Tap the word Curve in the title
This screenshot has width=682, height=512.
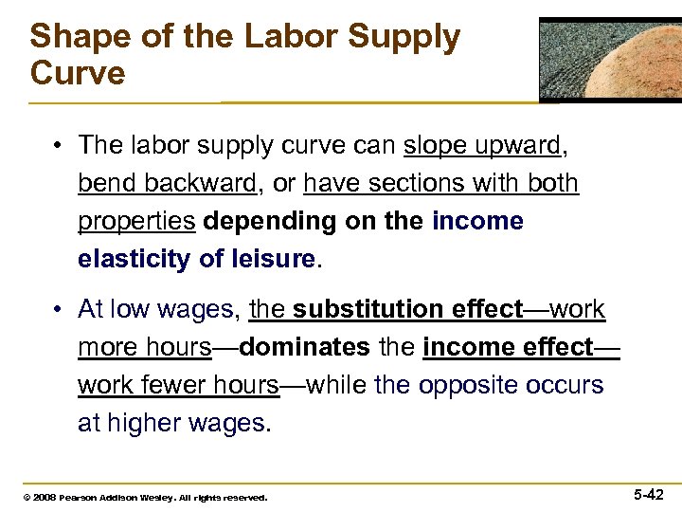click(77, 73)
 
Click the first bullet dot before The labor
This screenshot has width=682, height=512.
click(59, 146)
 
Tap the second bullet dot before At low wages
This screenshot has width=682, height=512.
click(59, 310)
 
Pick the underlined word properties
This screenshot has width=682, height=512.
click(136, 221)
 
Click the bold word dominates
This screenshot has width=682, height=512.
click(304, 347)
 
